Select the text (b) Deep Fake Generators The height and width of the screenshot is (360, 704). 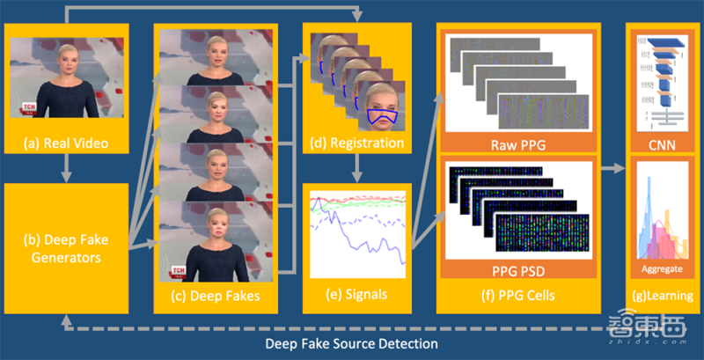[67, 246]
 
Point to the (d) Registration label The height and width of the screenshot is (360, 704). [357, 143]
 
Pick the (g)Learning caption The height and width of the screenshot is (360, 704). [659, 297]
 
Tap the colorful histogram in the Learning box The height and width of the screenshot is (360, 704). [659, 224]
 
